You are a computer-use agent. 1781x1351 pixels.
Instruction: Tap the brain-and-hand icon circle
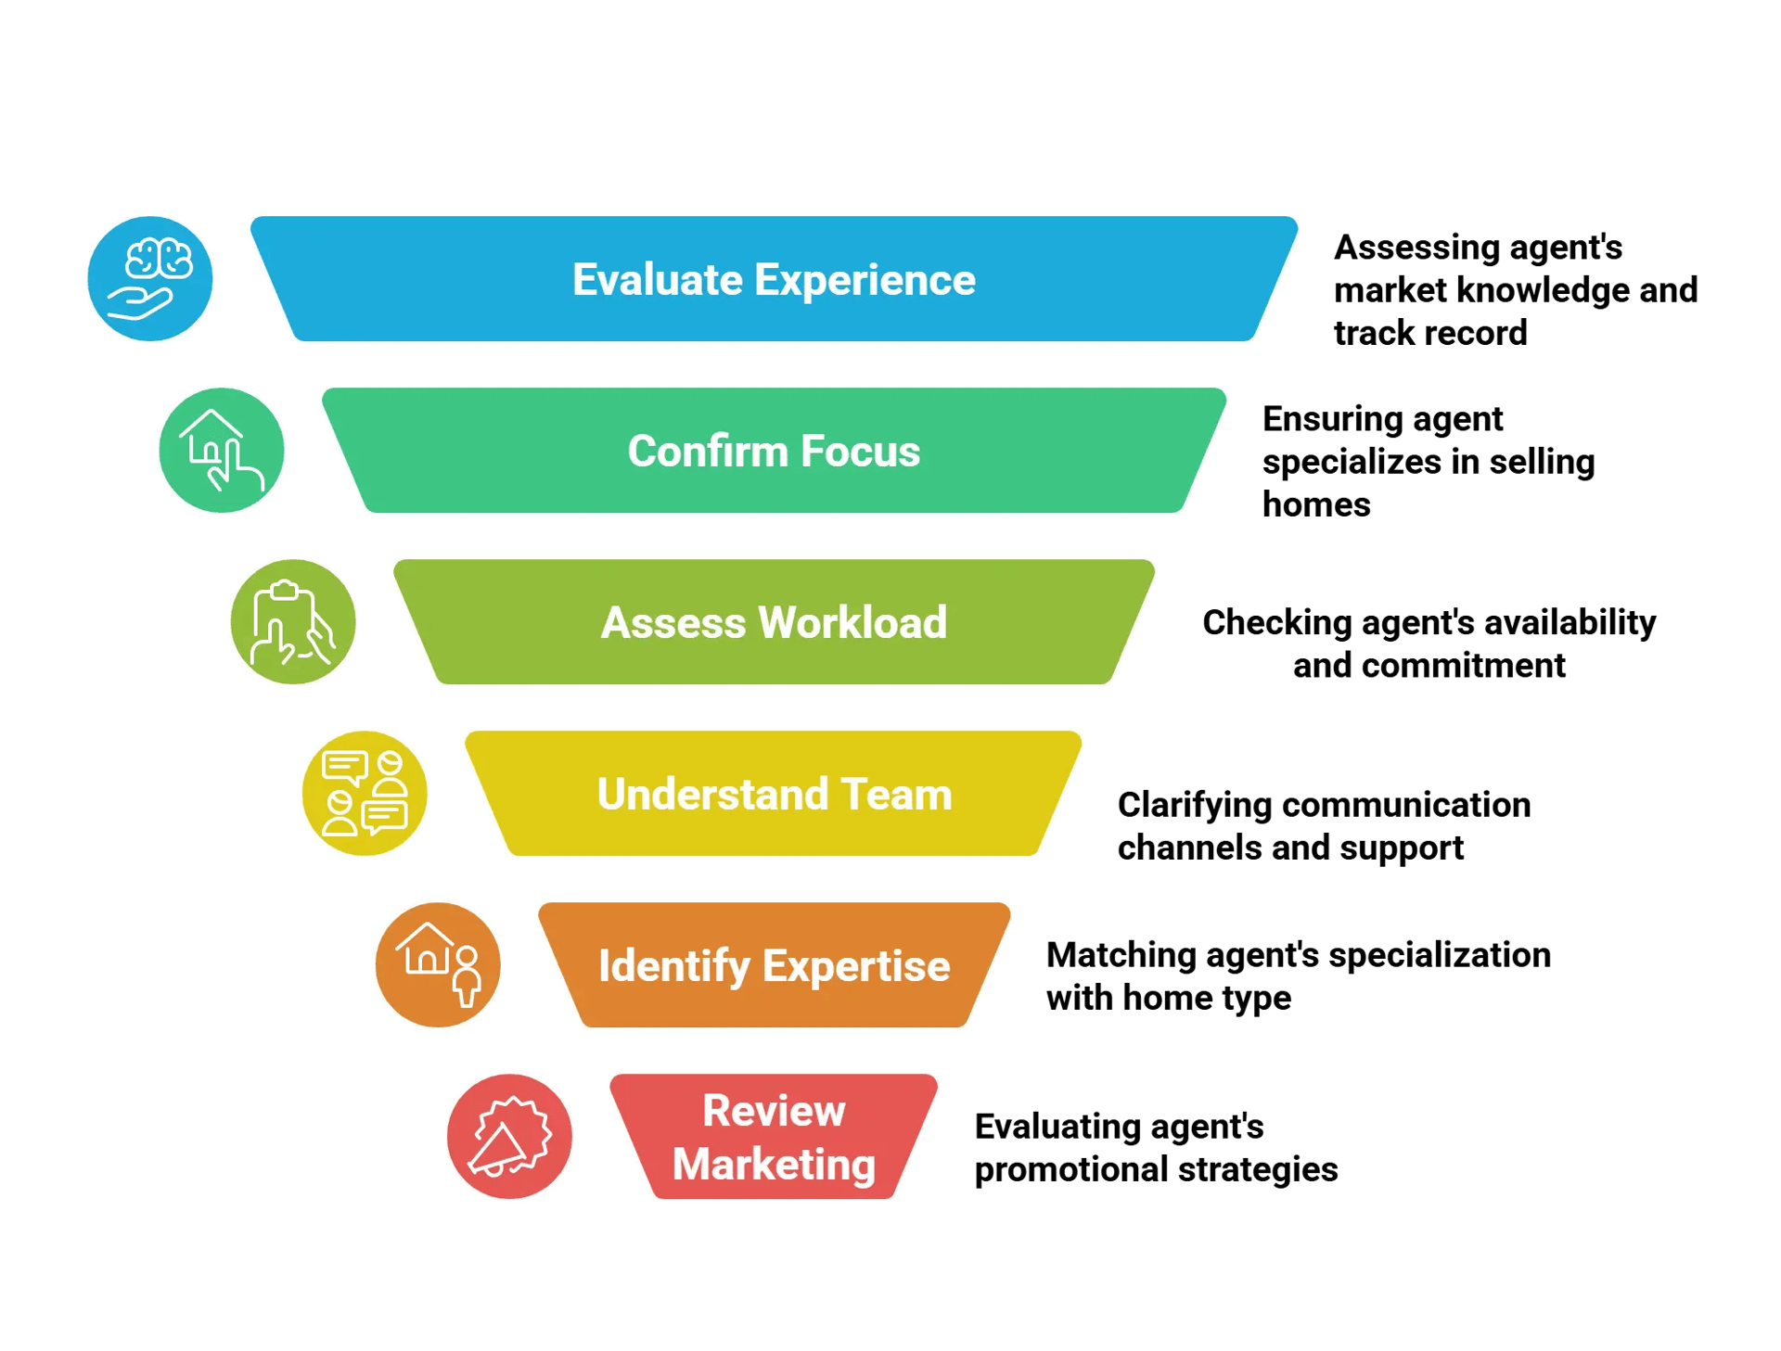click(150, 279)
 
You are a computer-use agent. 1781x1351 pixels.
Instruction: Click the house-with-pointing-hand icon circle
click(222, 451)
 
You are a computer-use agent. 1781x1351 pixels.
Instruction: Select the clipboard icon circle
click(293, 622)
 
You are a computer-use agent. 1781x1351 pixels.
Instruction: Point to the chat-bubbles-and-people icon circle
click(365, 794)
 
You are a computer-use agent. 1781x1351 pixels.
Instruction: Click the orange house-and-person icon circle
click(438, 965)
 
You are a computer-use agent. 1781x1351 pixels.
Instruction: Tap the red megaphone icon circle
click(509, 1137)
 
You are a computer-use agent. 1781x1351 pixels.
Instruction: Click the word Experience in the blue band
click(865, 280)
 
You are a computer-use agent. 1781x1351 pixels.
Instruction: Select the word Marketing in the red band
click(774, 1165)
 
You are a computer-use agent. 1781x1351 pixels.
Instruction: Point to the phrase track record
click(1430, 333)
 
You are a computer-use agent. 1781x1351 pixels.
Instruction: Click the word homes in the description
click(1316, 504)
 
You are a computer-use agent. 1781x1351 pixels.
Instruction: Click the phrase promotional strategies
click(1156, 1169)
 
